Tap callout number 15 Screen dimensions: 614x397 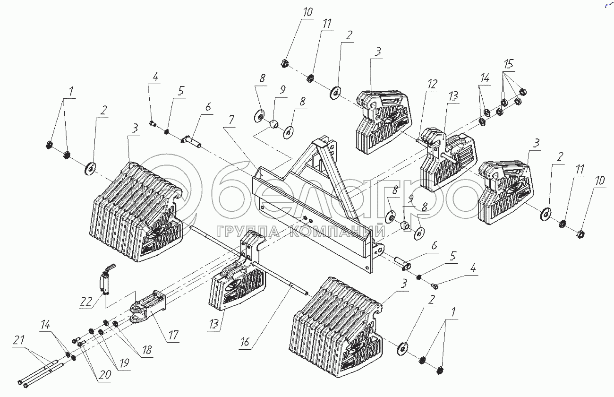pyautogui.click(x=508, y=63)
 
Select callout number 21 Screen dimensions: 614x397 pyautogui.click(x=18, y=341)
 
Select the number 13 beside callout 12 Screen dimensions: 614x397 pyautogui.click(x=453, y=96)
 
